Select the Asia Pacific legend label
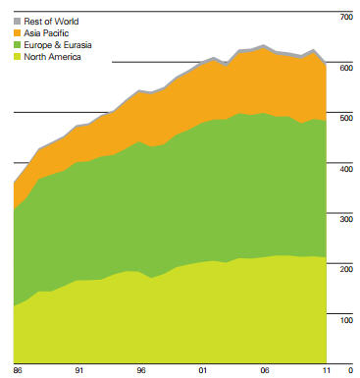[46, 32]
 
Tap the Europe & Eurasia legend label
[57, 45]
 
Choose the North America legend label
[53, 57]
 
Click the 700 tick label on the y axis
[343, 18]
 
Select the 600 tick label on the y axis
[343, 68]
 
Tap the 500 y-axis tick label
[343, 119]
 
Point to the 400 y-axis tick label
[343, 169]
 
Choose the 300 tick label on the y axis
[343, 219]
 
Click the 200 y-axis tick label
[343, 269]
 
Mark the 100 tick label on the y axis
[343, 320]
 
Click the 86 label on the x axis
[18, 370]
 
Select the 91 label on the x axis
[78, 370]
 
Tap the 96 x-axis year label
[140, 370]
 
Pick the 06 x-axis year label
[263, 370]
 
